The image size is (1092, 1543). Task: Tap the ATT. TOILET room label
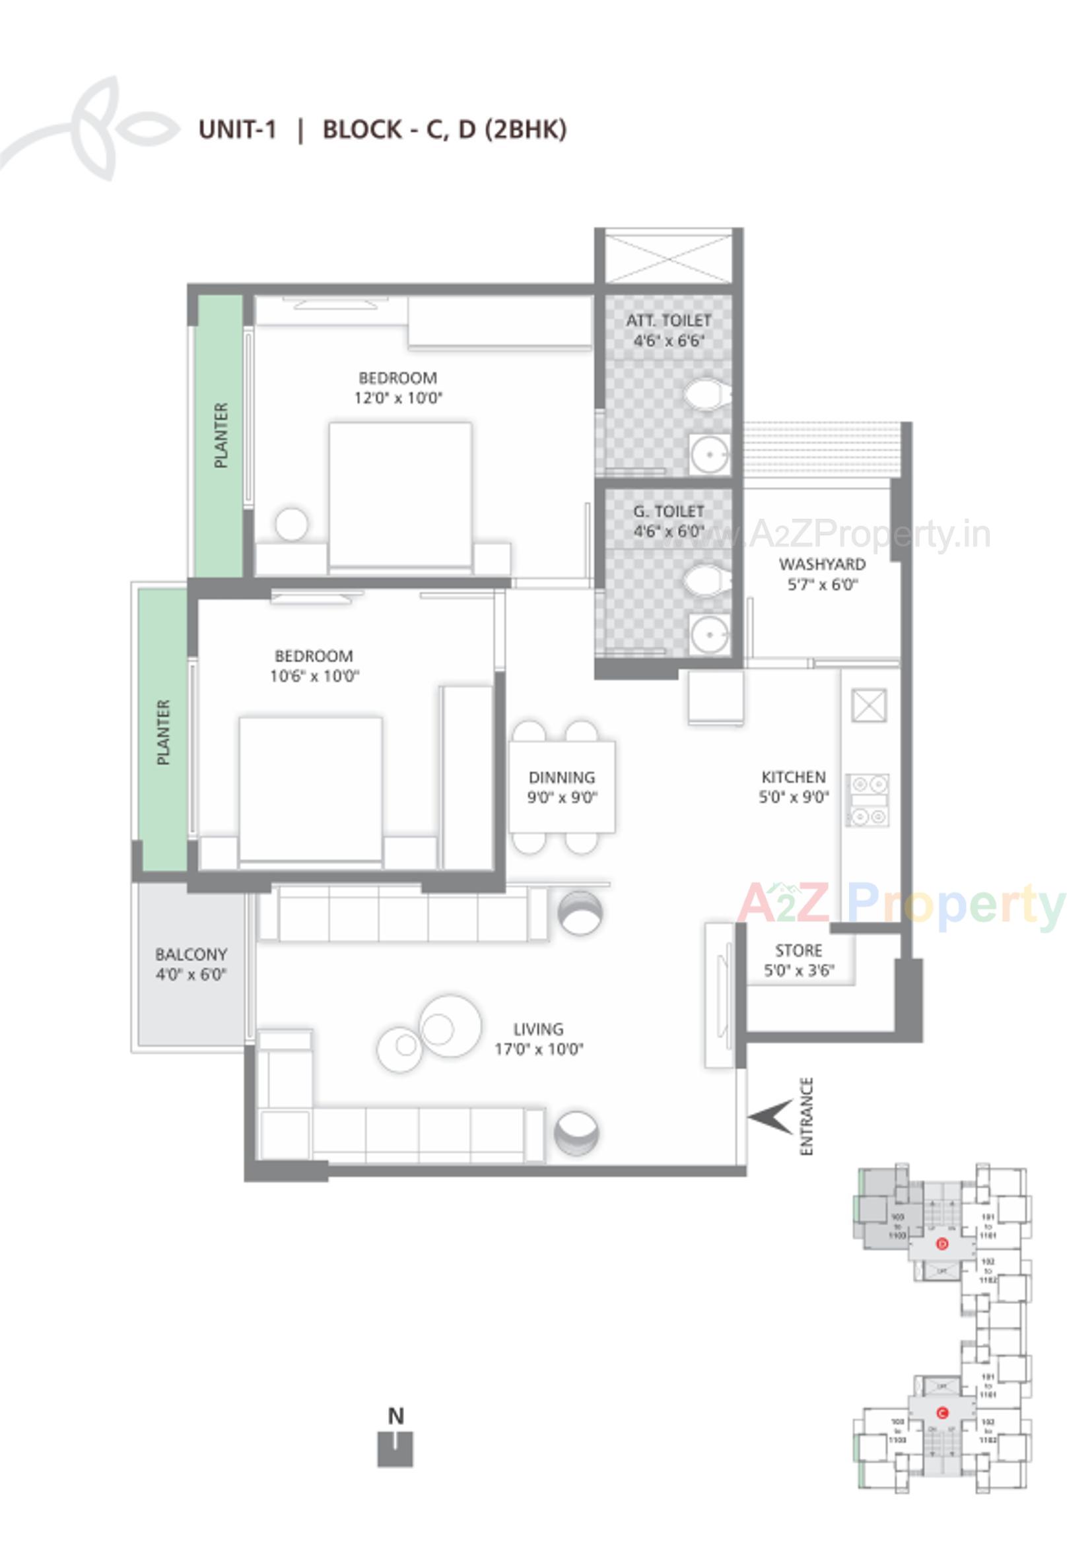668,321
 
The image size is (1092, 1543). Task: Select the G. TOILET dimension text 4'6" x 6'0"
668,531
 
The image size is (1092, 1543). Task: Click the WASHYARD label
822,564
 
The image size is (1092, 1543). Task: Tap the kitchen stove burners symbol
868,801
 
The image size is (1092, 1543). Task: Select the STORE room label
798,950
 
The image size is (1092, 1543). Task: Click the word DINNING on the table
561,777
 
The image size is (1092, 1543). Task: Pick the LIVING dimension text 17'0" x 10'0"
539,1049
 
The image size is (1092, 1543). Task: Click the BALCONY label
191,954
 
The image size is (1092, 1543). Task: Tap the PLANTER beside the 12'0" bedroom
220,436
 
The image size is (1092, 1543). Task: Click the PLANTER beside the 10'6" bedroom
162,732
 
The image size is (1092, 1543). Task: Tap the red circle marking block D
942,1245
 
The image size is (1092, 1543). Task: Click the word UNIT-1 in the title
238,129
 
